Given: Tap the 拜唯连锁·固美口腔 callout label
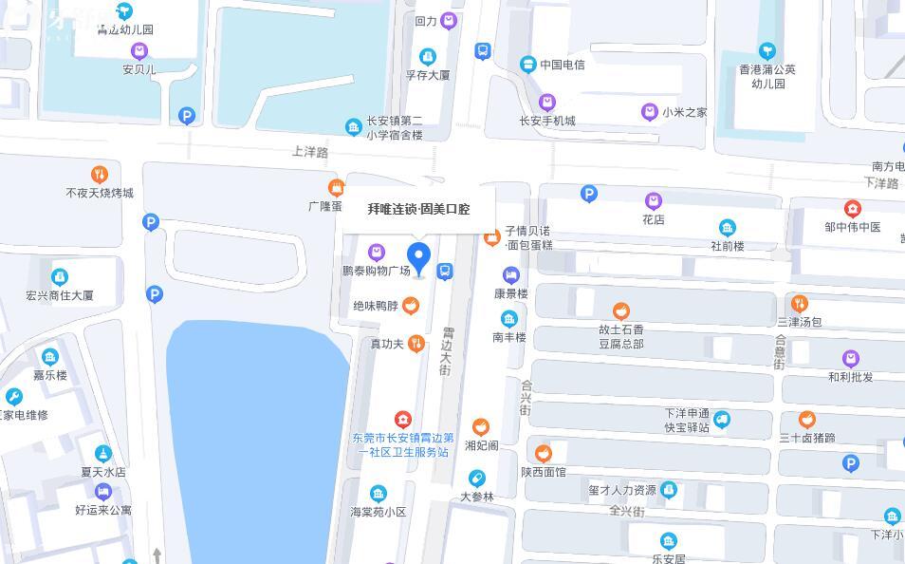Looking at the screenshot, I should point(418,209).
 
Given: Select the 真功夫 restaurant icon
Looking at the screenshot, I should point(415,344).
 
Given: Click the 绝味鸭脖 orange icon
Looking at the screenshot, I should point(411,305).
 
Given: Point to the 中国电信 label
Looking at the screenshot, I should point(563,65).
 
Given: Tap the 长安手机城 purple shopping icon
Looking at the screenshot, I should point(546,103).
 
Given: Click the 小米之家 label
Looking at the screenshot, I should point(685,112).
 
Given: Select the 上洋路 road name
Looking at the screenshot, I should point(309,152).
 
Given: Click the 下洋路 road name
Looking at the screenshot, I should point(880,183).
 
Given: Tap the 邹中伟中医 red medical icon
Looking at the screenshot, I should point(852,209).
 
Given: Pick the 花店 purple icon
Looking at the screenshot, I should point(653,201).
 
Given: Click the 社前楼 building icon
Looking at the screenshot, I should point(727,228).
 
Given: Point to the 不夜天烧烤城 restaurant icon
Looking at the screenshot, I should point(100,175).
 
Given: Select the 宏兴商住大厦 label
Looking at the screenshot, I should point(60,295).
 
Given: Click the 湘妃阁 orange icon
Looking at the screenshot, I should point(481,427).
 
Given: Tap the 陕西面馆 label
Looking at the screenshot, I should point(543,472).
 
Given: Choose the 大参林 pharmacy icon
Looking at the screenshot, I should point(476,479).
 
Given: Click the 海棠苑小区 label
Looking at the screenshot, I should point(379,512).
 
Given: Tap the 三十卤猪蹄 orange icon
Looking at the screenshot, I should point(807,420).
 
